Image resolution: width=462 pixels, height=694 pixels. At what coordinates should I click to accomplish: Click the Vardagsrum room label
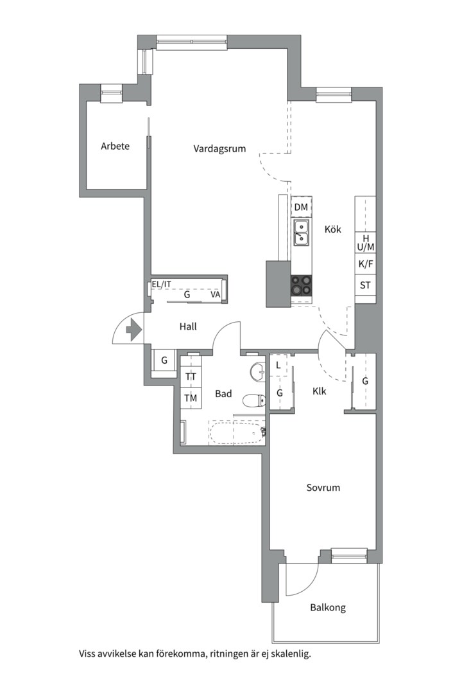[x=219, y=148]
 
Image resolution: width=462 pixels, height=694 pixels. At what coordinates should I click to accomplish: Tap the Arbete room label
[x=115, y=146]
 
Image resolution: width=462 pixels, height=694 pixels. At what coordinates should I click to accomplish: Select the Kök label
[x=333, y=229]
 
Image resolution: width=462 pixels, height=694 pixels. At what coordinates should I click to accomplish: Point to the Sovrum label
[x=323, y=488]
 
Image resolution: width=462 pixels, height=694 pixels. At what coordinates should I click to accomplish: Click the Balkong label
[x=328, y=608]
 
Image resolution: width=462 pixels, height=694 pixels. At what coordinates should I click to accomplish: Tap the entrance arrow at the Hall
[x=133, y=330]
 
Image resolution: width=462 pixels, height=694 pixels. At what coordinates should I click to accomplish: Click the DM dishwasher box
[x=301, y=207]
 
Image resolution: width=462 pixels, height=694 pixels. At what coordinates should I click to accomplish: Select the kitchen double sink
[x=302, y=233]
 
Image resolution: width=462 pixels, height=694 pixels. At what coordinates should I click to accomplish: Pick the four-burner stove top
[x=301, y=285]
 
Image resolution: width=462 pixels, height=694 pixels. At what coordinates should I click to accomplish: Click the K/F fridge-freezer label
[x=366, y=265]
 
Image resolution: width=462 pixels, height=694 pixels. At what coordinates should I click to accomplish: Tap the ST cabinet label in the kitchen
[x=365, y=285]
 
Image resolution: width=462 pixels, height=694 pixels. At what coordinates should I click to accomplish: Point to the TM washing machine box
[x=191, y=398]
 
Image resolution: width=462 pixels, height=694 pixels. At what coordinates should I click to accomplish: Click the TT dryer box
[x=191, y=377]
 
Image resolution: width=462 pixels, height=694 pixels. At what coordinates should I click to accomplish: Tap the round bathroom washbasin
[x=257, y=371]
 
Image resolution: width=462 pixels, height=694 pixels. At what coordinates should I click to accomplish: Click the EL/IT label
[x=161, y=285]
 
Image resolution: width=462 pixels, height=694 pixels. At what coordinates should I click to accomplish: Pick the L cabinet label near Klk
[x=278, y=366]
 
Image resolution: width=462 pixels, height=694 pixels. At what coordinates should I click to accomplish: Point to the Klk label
[x=319, y=391]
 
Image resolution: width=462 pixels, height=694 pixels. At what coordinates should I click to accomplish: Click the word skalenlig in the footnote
[x=291, y=654]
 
